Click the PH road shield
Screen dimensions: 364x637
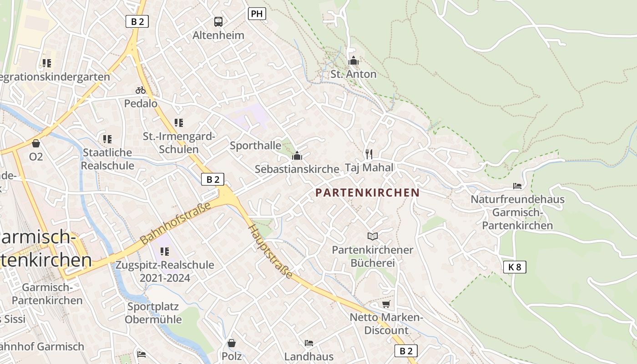[257, 14]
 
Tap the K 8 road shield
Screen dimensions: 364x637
[515, 267]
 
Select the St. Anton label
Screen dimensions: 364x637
[353, 74]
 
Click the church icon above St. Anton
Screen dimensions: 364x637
[353, 61]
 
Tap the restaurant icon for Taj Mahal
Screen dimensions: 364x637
[369, 154]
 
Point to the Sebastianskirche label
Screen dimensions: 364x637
[297, 169]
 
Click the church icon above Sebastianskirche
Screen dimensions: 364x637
[297, 156]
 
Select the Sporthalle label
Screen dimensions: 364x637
[255, 146]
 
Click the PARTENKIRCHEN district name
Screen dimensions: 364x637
[367, 192]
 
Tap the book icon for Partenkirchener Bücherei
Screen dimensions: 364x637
[373, 236]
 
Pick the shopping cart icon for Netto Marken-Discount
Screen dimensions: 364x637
[386, 304]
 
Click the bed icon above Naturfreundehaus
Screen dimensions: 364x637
[517, 186]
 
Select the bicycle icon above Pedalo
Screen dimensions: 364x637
[141, 90]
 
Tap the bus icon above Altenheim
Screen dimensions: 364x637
[218, 21]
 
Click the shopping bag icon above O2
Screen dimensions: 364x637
[36, 143]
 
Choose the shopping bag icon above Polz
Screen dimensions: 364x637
[232, 343]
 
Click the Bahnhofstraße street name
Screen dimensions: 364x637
[176, 223]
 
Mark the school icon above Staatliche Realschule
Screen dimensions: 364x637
[107, 139]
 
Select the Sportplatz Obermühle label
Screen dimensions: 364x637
[153, 313]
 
